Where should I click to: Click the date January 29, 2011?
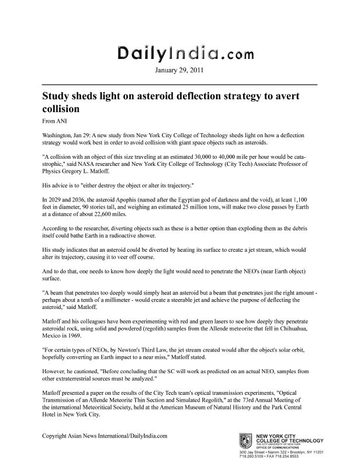pyautogui.click(x=179, y=72)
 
